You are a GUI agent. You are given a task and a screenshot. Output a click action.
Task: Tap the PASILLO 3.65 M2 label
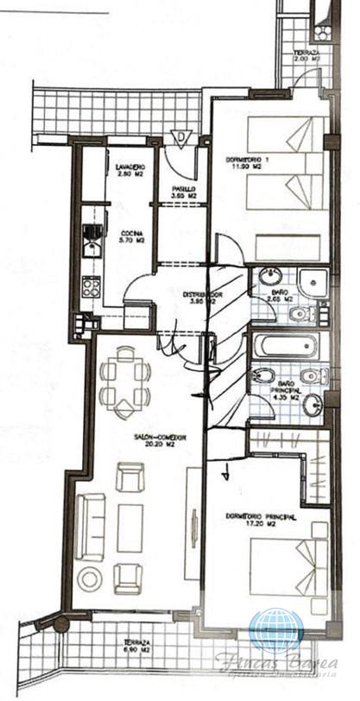(183, 192)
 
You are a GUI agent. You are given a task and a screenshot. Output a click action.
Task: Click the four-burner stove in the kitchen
(90, 287)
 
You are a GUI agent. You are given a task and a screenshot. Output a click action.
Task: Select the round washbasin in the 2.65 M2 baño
(268, 277)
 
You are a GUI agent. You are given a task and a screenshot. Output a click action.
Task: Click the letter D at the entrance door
(180, 136)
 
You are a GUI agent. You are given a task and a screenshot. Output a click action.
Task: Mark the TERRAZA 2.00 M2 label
(307, 56)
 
